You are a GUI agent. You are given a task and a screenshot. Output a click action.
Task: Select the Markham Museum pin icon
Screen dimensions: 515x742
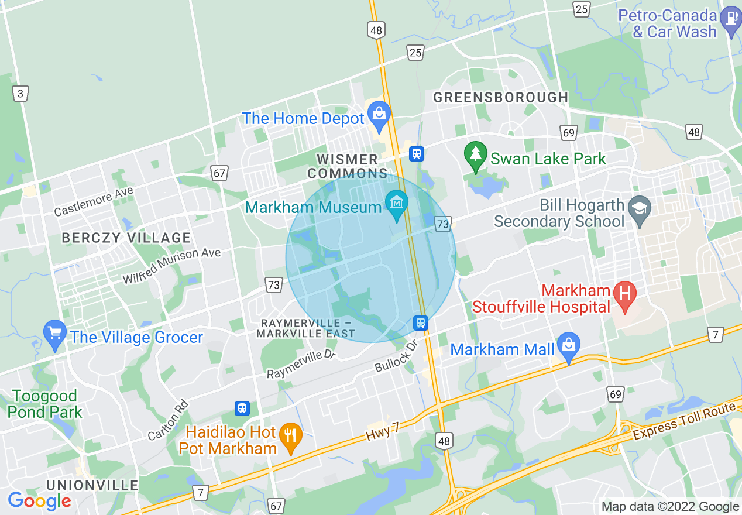click(x=397, y=204)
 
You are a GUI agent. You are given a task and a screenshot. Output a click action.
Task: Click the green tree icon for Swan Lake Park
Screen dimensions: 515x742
click(x=475, y=154)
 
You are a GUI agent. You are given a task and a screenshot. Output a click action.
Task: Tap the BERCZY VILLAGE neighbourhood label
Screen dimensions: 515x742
click(x=126, y=238)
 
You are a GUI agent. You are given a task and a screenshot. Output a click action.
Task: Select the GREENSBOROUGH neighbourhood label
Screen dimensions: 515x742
click(x=500, y=97)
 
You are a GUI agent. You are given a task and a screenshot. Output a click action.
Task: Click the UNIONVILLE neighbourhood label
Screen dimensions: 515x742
click(x=92, y=485)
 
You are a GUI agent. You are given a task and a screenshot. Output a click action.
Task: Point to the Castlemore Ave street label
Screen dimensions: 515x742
click(x=94, y=201)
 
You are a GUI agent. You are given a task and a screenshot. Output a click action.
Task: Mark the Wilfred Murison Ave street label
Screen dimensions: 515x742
click(x=171, y=265)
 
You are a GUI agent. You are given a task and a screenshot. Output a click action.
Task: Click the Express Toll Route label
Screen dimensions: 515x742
click(x=685, y=423)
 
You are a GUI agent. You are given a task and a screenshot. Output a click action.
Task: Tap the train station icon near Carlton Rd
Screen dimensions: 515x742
click(x=242, y=408)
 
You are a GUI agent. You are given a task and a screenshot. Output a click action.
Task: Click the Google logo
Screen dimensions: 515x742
click(x=39, y=501)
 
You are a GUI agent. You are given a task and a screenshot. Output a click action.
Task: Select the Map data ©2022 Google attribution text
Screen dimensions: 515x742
click(x=670, y=507)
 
